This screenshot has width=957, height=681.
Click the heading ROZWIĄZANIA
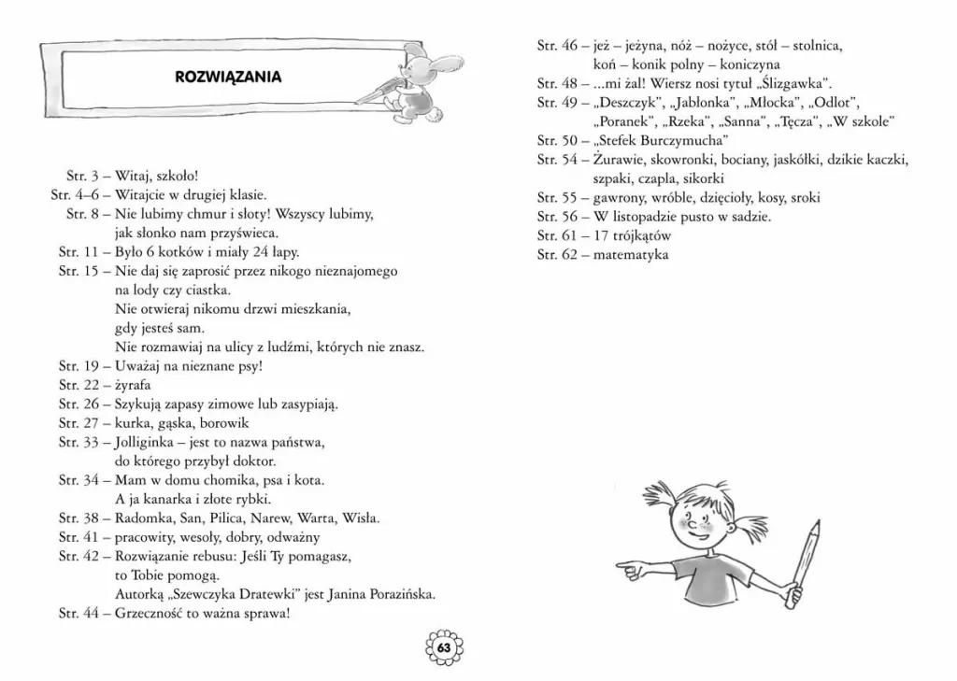coord(228,77)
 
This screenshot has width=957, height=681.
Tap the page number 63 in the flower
coord(444,648)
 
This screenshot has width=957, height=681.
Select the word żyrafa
coord(133,385)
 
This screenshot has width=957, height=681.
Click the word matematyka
coord(631,254)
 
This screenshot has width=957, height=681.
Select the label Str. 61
coord(557,235)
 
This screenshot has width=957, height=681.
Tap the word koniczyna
coord(744,64)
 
